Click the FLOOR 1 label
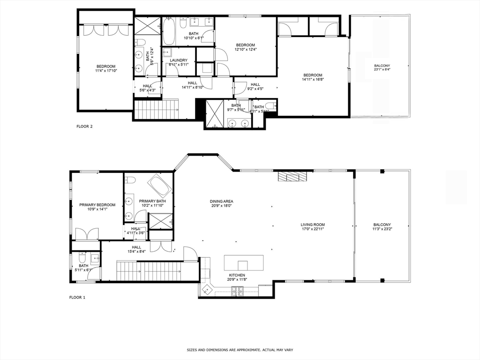77,297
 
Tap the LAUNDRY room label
178,60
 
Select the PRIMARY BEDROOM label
97,205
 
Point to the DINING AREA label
221,202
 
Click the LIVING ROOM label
313,225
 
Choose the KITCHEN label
237,275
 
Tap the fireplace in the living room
292,176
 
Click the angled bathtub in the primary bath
160,186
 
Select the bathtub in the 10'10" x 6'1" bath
169,31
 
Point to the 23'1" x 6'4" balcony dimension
382,70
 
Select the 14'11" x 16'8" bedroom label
313,75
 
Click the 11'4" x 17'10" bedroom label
105,67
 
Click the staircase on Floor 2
157,109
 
